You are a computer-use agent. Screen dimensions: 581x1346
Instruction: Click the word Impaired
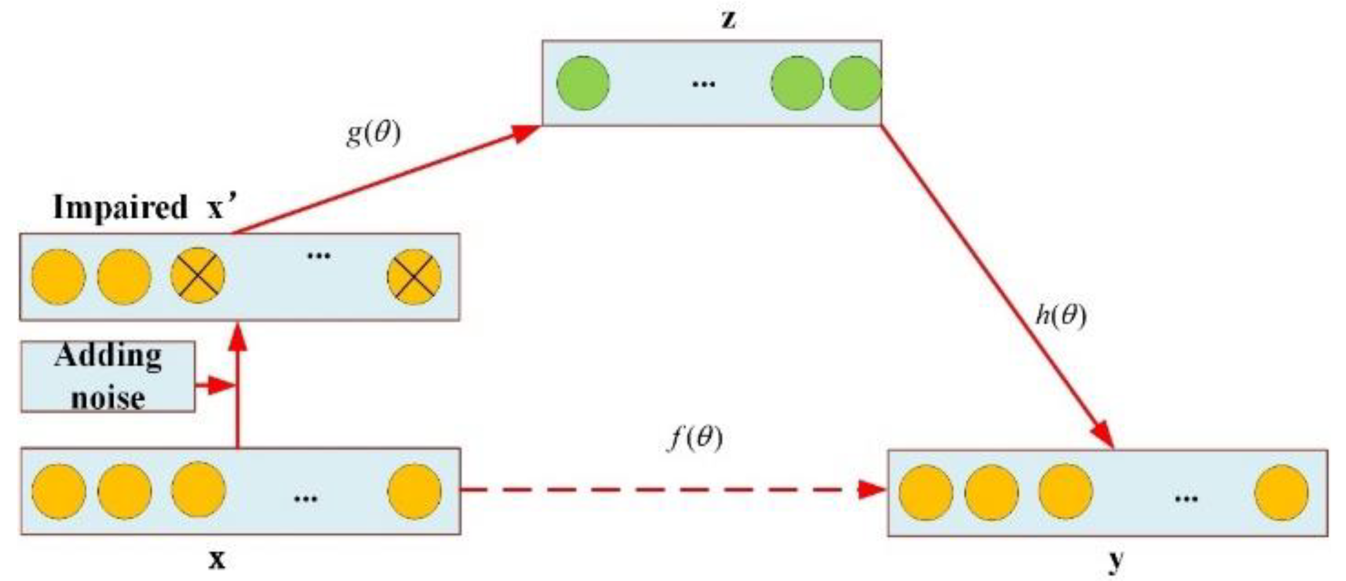coord(120,208)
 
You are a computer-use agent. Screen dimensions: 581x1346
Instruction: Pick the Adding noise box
coord(108,377)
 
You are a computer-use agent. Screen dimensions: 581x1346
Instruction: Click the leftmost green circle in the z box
coord(583,83)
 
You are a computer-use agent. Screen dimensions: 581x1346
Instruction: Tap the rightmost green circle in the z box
coord(855,83)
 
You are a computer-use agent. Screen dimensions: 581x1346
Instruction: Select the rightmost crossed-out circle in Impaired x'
coord(414,277)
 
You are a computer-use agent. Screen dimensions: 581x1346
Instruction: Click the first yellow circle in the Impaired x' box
coord(59,277)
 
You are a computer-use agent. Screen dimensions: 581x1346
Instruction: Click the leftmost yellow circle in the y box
coord(926,493)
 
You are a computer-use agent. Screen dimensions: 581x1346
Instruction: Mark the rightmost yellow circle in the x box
coord(414,491)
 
